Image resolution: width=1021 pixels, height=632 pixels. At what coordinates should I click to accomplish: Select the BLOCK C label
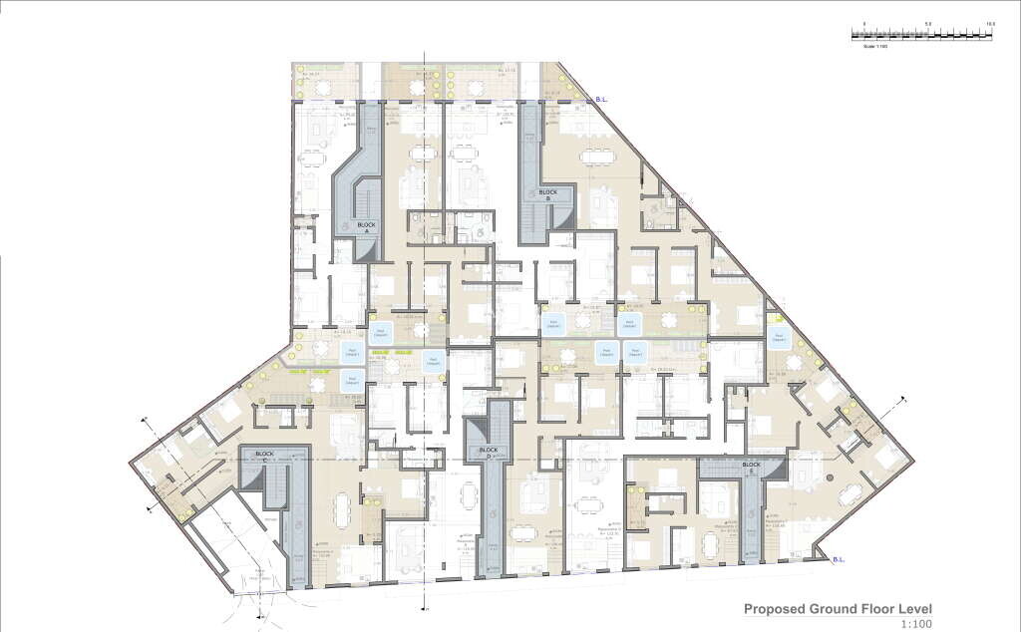coord(264,455)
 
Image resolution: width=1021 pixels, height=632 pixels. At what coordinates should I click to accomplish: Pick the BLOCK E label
coord(750,466)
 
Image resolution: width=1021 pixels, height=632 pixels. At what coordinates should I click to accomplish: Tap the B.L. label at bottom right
coord(840,560)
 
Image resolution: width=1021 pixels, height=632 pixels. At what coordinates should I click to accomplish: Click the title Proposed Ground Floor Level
coord(839,608)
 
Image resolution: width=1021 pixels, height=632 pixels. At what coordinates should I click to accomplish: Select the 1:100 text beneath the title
coord(917,624)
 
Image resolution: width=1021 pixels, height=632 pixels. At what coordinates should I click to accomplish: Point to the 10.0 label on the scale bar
coord(990,23)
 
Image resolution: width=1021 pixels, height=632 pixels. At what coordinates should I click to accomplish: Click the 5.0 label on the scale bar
coord(927,23)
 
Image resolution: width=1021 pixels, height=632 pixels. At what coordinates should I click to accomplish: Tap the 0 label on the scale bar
coord(864,23)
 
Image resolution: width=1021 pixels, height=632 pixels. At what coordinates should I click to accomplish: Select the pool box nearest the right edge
coord(778,336)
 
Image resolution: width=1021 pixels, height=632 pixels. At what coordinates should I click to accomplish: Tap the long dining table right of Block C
coord(343,513)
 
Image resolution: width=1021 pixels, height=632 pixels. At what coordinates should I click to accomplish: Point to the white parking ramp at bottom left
coord(239,558)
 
